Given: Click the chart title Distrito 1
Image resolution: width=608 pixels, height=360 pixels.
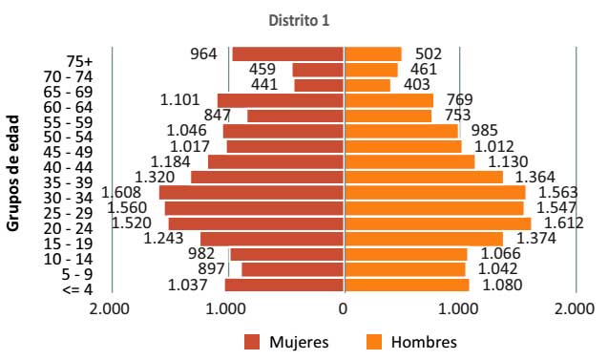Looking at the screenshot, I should (x=304, y=18).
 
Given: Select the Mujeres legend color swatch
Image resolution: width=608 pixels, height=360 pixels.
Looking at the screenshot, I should (x=252, y=341).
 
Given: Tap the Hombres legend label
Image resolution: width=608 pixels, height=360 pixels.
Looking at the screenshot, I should (x=426, y=341).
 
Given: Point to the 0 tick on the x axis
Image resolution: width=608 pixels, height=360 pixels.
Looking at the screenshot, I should (x=344, y=308).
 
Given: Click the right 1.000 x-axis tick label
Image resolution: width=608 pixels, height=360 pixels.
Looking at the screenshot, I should (x=459, y=308).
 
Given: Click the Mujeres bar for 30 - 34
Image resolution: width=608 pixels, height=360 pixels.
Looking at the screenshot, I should (x=251, y=192).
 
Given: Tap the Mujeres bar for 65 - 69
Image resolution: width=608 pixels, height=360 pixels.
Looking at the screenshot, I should (x=319, y=85).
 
